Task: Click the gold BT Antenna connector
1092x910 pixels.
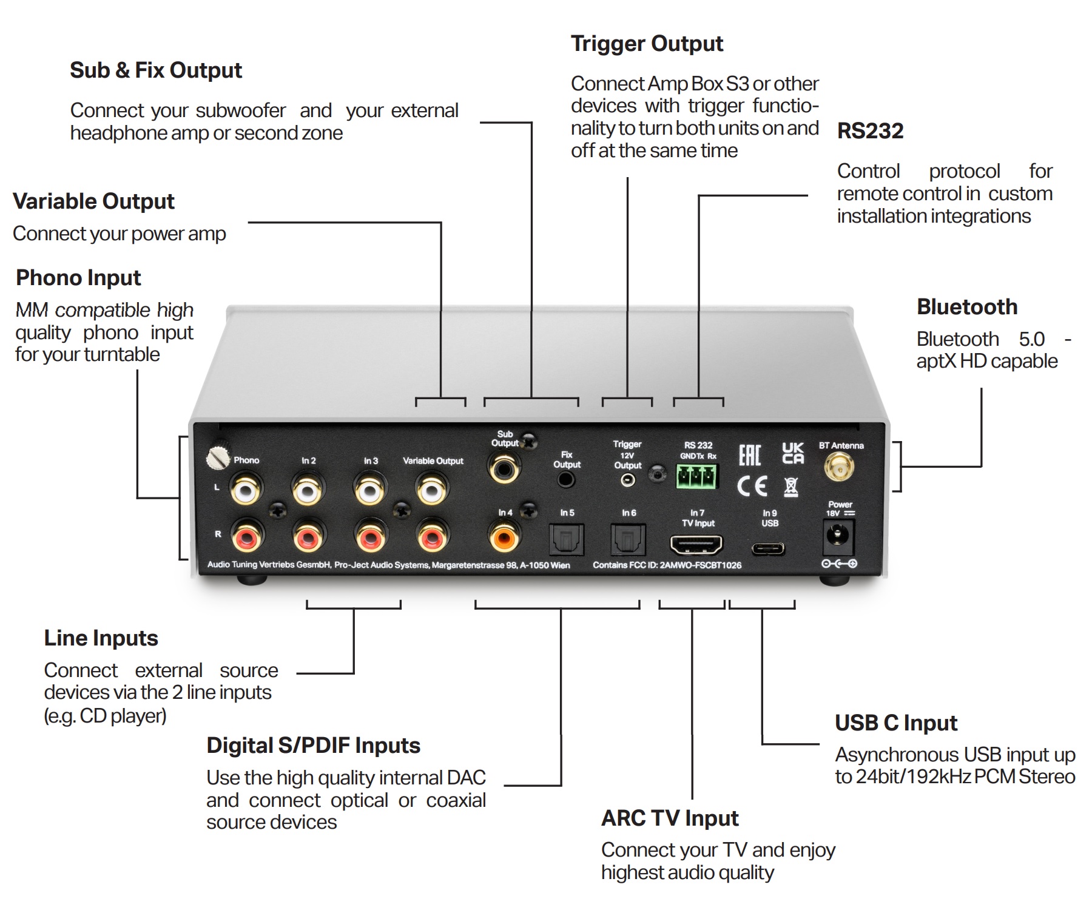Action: click(839, 468)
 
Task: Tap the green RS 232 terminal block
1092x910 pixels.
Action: click(697, 476)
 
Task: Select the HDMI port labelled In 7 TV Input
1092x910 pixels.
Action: click(696, 545)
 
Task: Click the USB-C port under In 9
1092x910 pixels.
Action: click(768, 550)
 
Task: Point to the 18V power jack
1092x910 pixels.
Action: click(839, 537)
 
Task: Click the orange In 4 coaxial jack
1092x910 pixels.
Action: click(504, 537)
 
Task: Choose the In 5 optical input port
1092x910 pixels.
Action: click(566, 539)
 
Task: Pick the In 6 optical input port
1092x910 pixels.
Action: click(628, 539)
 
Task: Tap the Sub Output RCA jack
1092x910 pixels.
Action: click(504, 468)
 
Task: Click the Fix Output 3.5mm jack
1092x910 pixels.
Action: click(566, 480)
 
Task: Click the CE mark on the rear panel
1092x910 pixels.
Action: click(752, 486)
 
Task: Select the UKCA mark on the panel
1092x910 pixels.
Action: click(792, 453)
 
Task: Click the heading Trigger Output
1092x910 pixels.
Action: click(647, 44)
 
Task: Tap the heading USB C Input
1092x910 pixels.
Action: click(895, 723)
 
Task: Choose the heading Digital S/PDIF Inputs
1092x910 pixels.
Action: click(313, 745)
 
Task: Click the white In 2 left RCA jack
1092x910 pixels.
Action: click(308, 488)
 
